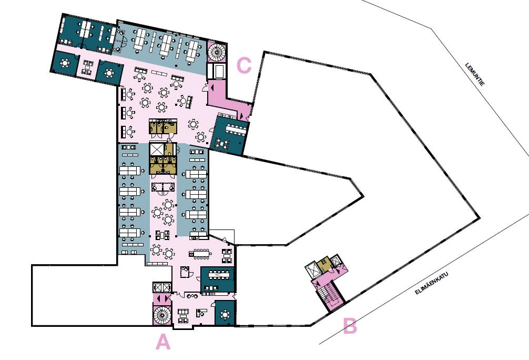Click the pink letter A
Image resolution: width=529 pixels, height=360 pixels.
point(163,342)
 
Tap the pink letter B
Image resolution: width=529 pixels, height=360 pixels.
point(350,326)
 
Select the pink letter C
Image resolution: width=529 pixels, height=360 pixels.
point(244,65)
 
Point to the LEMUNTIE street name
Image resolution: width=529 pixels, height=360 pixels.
point(475,74)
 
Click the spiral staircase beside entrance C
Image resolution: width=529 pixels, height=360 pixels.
point(216,52)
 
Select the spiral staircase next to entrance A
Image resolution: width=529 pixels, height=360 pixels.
point(162,315)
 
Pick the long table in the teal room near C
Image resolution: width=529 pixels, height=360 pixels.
point(235,128)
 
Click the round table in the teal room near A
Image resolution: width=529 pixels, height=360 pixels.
point(225,315)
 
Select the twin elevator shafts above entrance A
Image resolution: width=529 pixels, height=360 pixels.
point(162,287)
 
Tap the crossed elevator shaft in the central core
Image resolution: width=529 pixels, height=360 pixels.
point(157,149)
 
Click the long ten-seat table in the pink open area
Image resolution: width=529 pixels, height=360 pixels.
point(201,254)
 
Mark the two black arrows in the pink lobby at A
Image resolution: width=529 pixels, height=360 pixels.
point(162,298)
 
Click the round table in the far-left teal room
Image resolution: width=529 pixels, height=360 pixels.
point(65,63)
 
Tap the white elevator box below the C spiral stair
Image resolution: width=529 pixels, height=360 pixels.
point(216,71)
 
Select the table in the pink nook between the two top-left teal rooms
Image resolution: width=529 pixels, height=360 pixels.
point(88,67)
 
